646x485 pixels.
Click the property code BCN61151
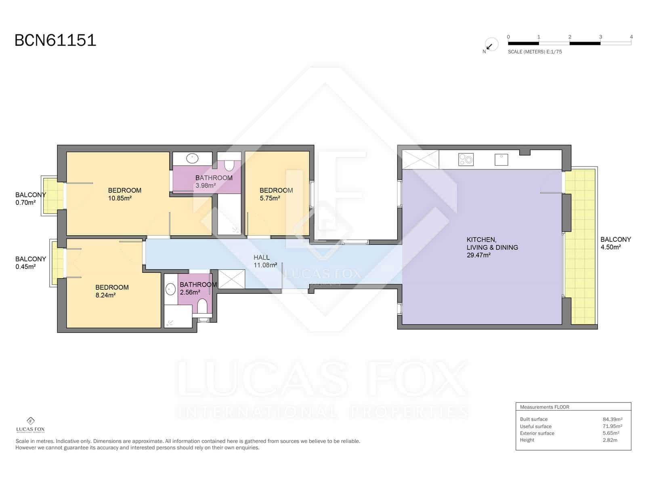(55, 40)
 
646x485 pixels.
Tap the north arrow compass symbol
(490, 45)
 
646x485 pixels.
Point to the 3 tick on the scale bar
(600, 37)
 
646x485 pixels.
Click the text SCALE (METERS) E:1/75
(535, 52)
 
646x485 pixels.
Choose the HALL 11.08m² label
(265, 261)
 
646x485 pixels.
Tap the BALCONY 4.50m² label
(615, 243)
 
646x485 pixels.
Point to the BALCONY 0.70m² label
(30, 198)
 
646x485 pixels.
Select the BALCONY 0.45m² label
(30, 263)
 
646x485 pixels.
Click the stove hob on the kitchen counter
(466, 160)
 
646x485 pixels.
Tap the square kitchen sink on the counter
(501, 160)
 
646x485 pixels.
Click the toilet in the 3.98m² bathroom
(229, 165)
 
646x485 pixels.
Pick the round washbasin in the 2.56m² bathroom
(170, 289)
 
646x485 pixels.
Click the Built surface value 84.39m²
(612, 419)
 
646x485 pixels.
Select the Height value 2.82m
(610, 440)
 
